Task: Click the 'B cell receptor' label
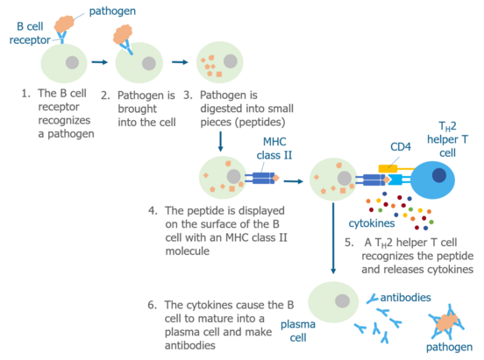point(30,33)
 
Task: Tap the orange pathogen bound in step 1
point(65,24)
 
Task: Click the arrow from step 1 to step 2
point(99,62)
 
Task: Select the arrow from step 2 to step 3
point(180,62)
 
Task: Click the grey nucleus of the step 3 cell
point(231,61)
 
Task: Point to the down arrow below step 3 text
point(220,142)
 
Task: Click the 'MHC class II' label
point(274,148)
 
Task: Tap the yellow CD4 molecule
point(388,168)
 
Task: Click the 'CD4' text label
point(401,147)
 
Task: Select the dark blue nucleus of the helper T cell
point(439,175)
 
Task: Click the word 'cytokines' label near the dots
point(372,223)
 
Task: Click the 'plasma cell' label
point(298,331)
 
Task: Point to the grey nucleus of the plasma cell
point(342,300)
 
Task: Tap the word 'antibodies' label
point(406,298)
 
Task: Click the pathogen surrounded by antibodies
point(447,322)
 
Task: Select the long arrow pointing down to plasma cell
point(333,238)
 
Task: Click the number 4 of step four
point(152,211)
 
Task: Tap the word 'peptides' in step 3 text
point(260,122)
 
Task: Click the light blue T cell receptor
point(395,180)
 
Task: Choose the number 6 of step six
point(151,305)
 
